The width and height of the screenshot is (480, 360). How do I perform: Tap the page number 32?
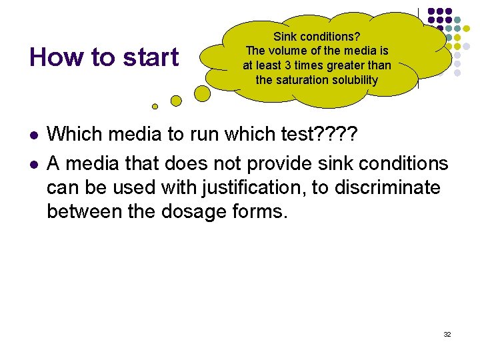(447, 334)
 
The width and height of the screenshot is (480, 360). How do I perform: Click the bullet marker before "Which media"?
(33, 135)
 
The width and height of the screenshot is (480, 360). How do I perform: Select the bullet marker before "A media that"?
(33, 163)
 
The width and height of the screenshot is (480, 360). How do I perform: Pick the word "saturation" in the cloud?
(303, 80)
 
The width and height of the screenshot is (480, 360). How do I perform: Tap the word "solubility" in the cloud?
(354, 80)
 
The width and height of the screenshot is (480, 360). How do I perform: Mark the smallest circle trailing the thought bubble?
(155, 106)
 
